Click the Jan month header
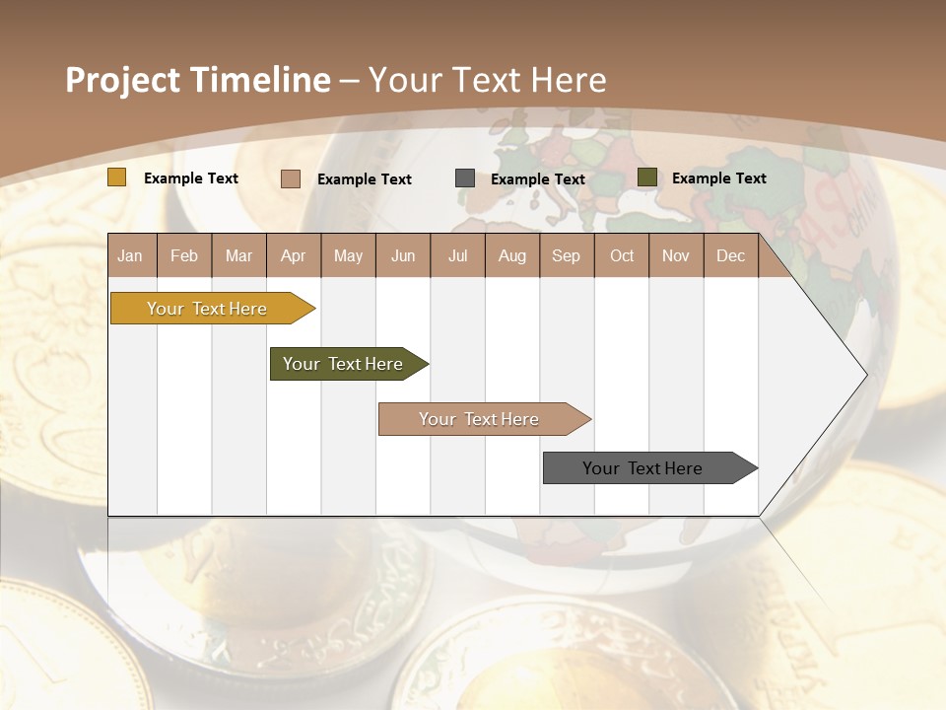pyautogui.click(x=130, y=256)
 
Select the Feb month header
pyautogui.click(x=184, y=256)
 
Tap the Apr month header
pyautogui.click(x=293, y=256)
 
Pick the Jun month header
pyautogui.click(x=403, y=256)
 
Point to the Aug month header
pyautogui.click(x=511, y=256)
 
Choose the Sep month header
pyautogui.click(x=566, y=256)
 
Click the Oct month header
pyautogui.click(x=622, y=256)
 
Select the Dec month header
pyautogui.click(x=730, y=256)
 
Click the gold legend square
pyautogui.click(x=117, y=177)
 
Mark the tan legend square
pyautogui.click(x=291, y=178)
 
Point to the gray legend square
pyautogui.click(x=465, y=178)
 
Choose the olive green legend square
pyautogui.click(x=647, y=177)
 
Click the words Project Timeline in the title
pyautogui.click(x=198, y=80)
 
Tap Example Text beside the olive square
pyautogui.click(x=718, y=178)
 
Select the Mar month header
pyautogui.click(x=238, y=256)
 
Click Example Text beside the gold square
pyautogui.click(x=191, y=178)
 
